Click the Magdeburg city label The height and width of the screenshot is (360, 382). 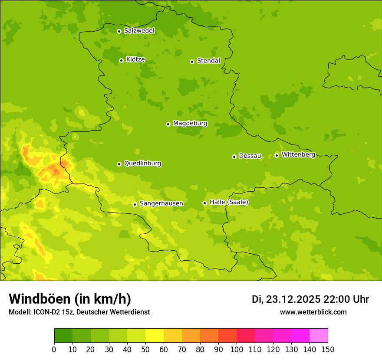[x=190, y=124]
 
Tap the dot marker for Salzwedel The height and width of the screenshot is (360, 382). [x=119, y=31]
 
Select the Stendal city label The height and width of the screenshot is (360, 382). [x=208, y=61]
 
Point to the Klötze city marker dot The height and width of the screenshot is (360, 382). [x=121, y=60]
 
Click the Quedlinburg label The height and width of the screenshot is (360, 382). [x=142, y=164]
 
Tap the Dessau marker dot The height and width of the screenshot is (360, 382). [x=234, y=157]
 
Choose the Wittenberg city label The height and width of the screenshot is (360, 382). [x=298, y=154]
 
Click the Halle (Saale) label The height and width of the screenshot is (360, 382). [x=229, y=202]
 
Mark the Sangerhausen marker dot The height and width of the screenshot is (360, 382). [x=135, y=204]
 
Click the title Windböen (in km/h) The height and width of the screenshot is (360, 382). [x=70, y=299]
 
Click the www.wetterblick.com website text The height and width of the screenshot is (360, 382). [x=313, y=312]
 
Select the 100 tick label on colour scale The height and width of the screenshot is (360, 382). [x=237, y=349]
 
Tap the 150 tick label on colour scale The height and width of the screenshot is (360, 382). [x=328, y=349]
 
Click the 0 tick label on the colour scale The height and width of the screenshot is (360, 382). [x=54, y=349]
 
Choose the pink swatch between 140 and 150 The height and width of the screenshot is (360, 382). [x=319, y=336]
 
